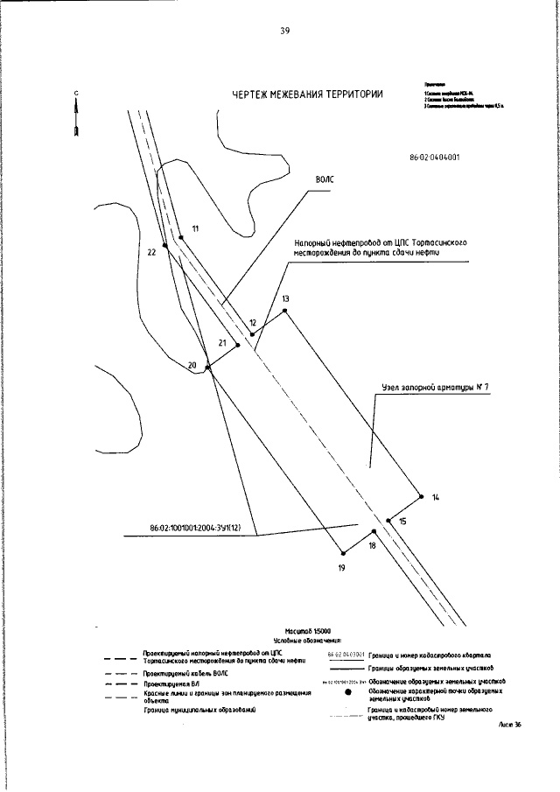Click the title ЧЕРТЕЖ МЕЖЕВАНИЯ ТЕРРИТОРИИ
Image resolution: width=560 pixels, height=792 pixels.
[307, 95]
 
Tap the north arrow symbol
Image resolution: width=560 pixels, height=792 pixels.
[77, 115]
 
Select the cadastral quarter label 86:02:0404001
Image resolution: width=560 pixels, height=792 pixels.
[435, 158]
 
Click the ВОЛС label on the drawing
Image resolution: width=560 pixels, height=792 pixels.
[325, 179]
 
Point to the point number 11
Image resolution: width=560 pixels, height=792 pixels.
[195, 228]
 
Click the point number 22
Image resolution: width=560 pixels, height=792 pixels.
[151, 252]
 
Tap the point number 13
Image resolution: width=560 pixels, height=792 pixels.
[285, 298]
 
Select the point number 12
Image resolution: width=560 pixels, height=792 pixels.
[253, 323]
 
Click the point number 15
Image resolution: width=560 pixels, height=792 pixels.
[402, 521]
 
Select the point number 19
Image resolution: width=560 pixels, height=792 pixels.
[341, 569]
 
